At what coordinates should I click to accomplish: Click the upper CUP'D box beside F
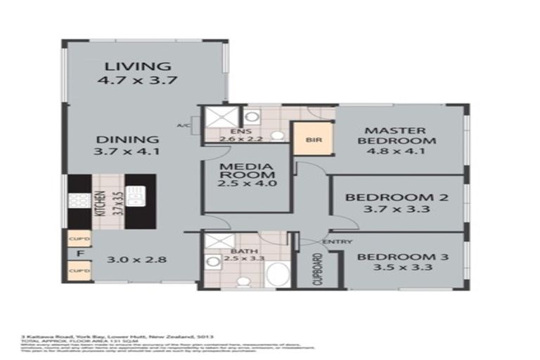click(x=78, y=238)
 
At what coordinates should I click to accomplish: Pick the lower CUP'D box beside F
click(x=78, y=269)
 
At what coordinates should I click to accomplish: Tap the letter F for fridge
click(x=80, y=254)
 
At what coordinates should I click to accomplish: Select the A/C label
click(x=184, y=126)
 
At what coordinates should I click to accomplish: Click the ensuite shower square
click(x=216, y=117)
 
